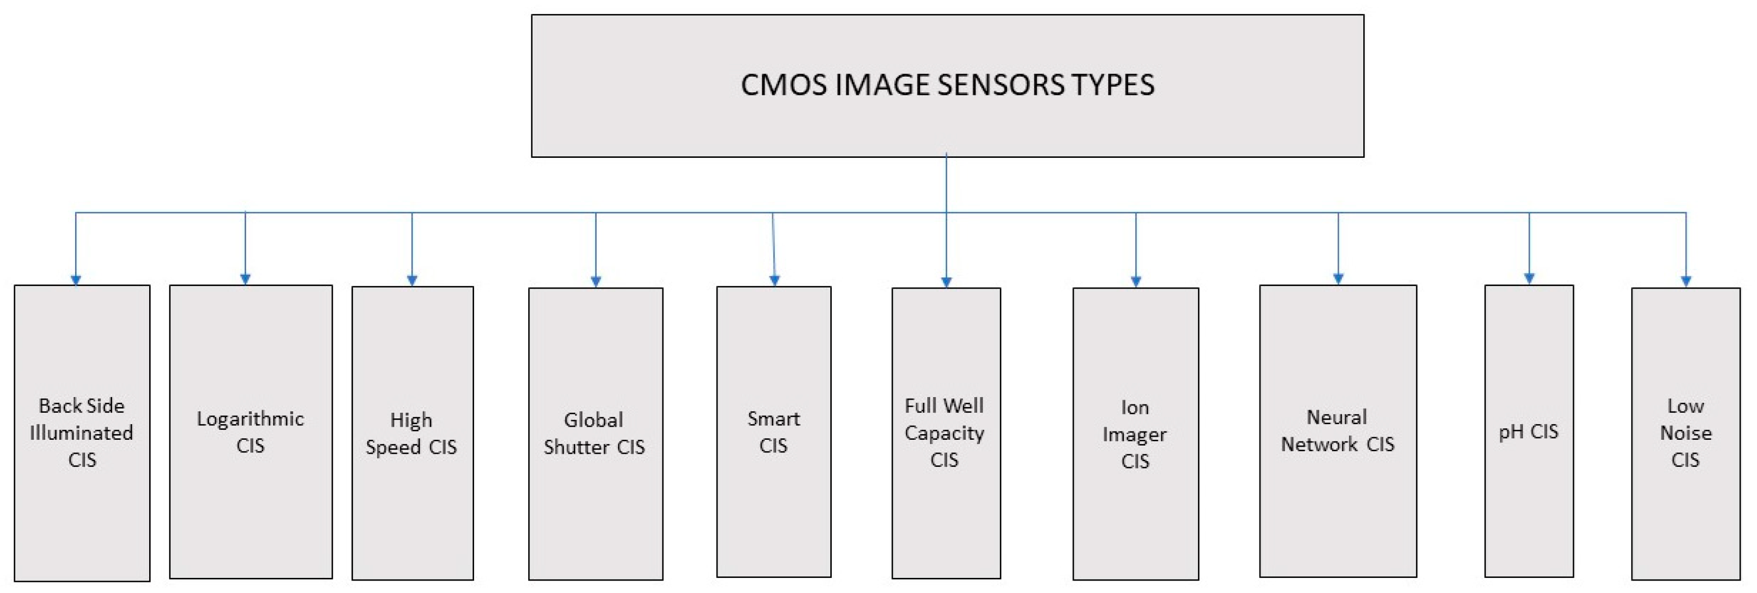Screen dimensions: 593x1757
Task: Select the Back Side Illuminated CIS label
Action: coord(82,433)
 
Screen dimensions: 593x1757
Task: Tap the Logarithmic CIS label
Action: coord(250,432)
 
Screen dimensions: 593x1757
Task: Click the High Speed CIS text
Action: coord(411,434)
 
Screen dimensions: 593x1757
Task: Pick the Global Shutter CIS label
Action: coord(594,434)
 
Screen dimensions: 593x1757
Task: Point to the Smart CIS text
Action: coord(773,432)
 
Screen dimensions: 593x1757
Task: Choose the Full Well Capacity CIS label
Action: coord(944,433)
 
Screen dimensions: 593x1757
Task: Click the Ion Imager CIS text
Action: coord(1135,434)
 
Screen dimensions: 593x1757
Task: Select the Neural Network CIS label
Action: coord(1338,431)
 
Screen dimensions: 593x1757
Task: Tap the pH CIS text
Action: coord(1529,431)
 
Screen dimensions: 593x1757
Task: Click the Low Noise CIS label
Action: coord(1686,433)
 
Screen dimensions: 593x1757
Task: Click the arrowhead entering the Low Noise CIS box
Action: coord(1686,281)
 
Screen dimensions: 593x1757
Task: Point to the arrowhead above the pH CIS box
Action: coord(1529,279)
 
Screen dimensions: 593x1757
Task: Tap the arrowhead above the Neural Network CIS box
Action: coord(1338,279)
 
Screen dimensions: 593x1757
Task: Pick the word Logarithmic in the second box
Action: coord(250,418)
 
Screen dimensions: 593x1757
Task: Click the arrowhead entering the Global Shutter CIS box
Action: coord(596,281)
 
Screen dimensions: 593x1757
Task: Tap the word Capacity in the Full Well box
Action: coord(944,433)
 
